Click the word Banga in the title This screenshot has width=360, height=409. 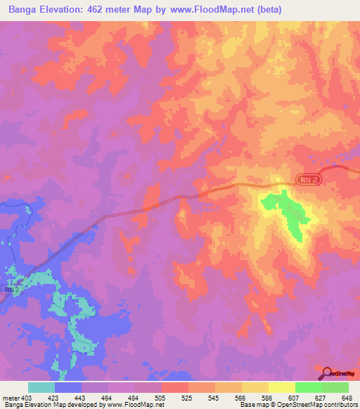(24, 10)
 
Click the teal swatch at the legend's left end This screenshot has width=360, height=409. (41, 387)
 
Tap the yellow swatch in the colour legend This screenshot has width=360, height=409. (282, 387)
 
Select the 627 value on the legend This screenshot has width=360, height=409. (322, 397)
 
